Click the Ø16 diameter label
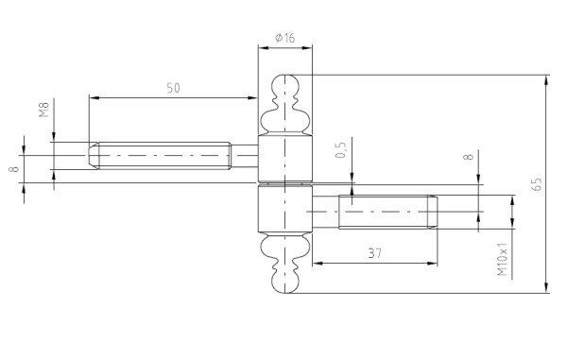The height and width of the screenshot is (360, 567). pos(285,38)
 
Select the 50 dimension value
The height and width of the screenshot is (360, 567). pos(173,88)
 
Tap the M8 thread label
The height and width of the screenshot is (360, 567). pos(43,110)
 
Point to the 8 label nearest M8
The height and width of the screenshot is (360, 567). pos(15,169)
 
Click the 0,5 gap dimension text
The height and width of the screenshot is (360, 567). pos(340,149)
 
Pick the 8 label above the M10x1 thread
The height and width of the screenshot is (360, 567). pos(469,157)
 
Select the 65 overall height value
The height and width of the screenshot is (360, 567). pos(538,184)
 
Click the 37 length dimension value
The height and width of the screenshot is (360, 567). pos(374,253)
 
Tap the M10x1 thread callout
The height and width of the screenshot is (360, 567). pos(503,259)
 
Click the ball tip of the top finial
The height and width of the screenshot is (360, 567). pos(285,84)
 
